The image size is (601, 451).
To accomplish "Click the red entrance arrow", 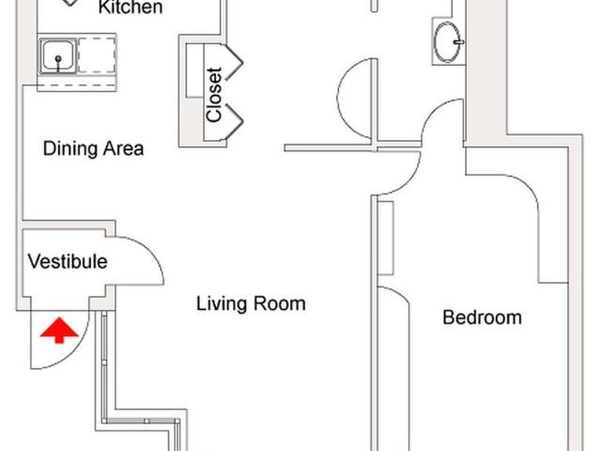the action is point(59,330).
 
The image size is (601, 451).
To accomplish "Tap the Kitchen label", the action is point(131,7).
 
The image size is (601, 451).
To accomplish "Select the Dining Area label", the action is point(94,148).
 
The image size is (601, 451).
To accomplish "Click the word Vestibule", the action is point(68,261).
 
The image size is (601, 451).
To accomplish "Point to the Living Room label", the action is point(251,303).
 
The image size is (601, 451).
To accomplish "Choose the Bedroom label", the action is point(482,318).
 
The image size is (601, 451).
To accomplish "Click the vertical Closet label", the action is point(214,95).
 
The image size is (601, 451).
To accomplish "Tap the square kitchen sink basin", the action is point(57,55).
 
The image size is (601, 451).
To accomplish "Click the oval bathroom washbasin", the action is point(447,41).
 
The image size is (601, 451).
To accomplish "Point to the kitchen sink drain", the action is point(58,58).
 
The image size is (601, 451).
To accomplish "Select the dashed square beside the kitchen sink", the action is point(97,55).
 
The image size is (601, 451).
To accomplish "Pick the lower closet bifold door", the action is point(234,122).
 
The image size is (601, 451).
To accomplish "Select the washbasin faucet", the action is point(459,41).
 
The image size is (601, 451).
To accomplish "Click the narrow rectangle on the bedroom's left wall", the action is point(386,238).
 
